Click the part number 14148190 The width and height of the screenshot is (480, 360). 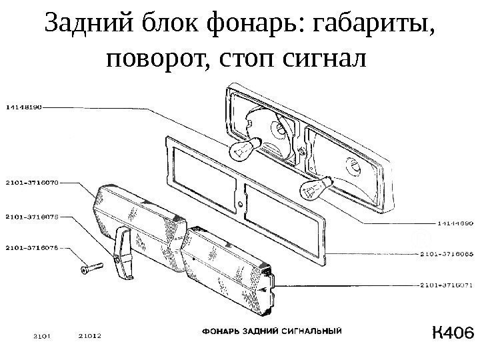click(x=25, y=105)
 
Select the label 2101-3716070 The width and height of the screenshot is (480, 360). click(x=33, y=180)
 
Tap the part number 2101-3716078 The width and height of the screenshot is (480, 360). click(x=33, y=215)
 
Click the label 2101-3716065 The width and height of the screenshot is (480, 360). click(x=446, y=253)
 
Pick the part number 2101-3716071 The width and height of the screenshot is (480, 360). click(x=446, y=285)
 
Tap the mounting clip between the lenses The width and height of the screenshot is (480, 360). click(x=124, y=253)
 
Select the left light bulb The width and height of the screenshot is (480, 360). click(x=241, y=149)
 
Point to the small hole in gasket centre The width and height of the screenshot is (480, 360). click(x=239, y=204)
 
